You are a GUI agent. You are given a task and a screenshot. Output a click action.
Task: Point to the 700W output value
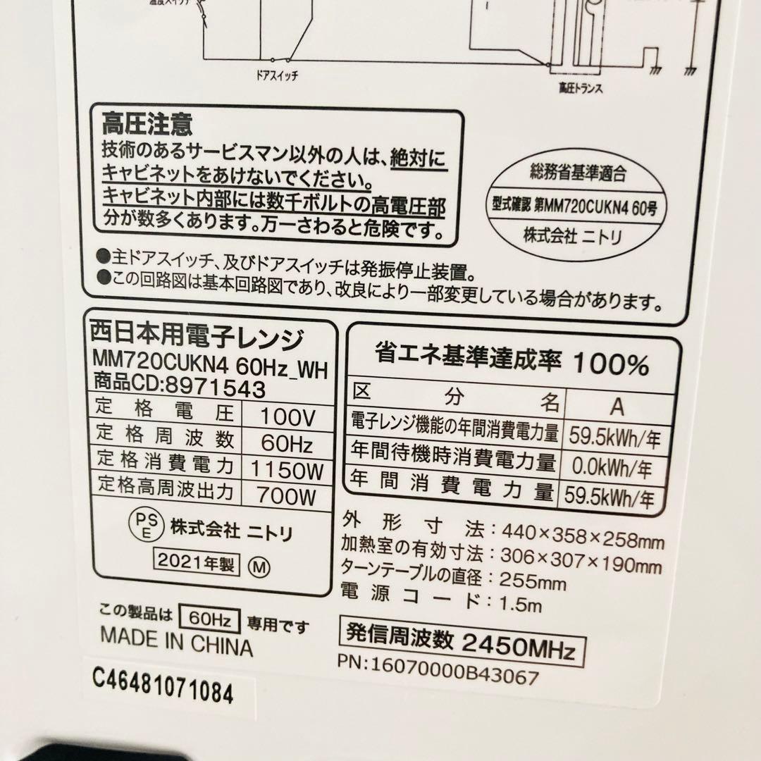(x=287, y=496)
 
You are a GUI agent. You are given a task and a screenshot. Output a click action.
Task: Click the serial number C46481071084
(x=163, y=692)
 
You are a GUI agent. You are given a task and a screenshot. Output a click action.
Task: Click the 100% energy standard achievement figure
(x=610, y=364)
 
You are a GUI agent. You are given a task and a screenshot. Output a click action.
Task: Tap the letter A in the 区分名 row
(x=617, y=407)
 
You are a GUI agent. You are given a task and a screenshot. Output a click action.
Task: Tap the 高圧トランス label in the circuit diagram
(x=569, y=89)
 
